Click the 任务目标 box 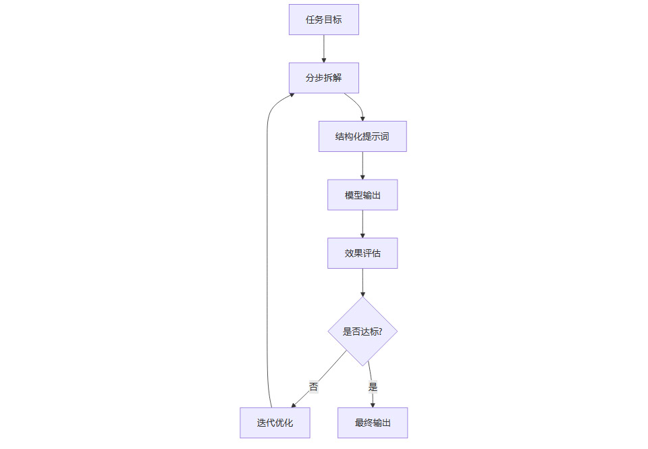coord(323,20)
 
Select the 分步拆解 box coord(323,78)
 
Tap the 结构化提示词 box coord(362,136)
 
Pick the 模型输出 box coord(362,195)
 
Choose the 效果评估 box coord(362,253)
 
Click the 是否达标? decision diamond coord(362,332)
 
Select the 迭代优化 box coord(275,423)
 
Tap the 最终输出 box coord(373,423)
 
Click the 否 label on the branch coord(313,387)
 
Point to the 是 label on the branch coord(373,387)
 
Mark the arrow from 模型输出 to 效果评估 coord(362,223)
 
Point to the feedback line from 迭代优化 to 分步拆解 coord(268,257)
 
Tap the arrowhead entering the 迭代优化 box coord(294,405)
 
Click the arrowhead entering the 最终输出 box coord(373,404)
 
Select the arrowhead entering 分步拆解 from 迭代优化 coord(291,96)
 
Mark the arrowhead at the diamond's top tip coord(362,294)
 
